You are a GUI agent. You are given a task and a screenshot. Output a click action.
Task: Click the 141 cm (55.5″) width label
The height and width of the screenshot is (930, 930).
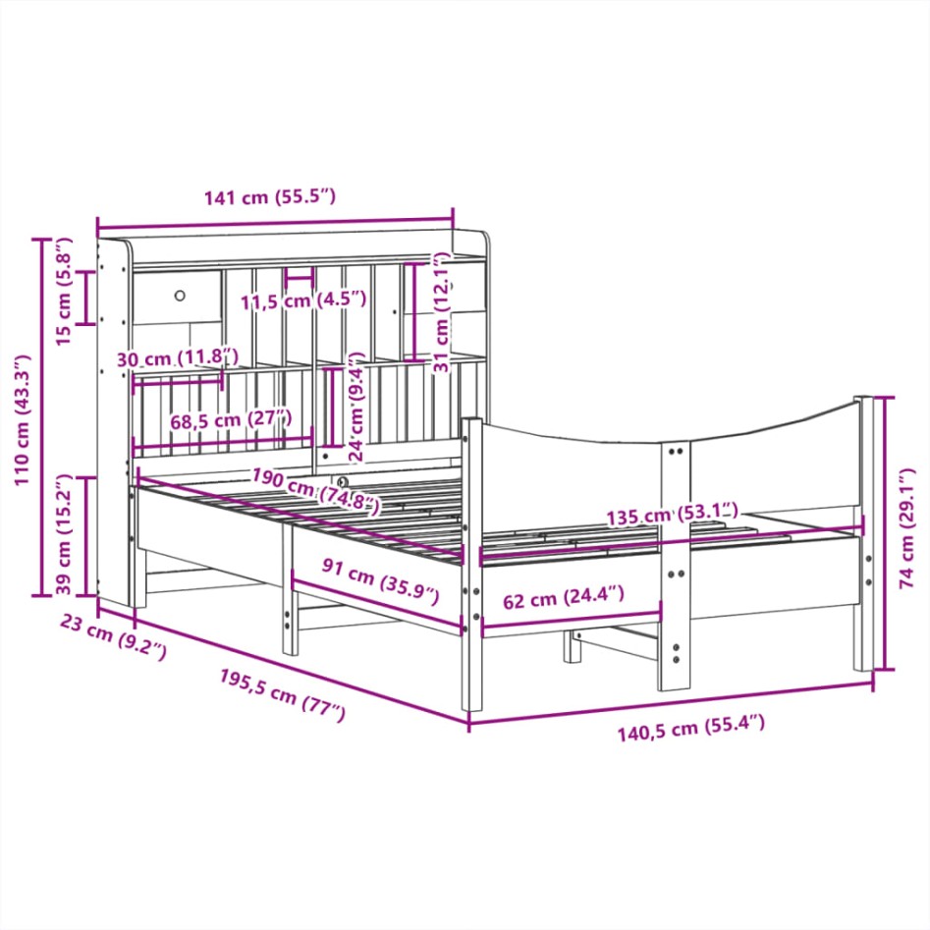[x=270, y=197]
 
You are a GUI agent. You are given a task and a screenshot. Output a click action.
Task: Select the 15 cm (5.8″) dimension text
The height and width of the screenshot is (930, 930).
[x=62, y=292]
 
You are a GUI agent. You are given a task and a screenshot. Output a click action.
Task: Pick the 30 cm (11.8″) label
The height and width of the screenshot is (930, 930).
[x=178, y=358]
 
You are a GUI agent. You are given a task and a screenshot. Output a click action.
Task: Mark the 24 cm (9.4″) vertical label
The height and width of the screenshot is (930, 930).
[x=356, y=408]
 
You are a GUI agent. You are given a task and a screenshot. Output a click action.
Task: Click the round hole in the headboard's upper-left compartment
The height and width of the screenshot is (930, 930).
[x=181, y=295]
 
